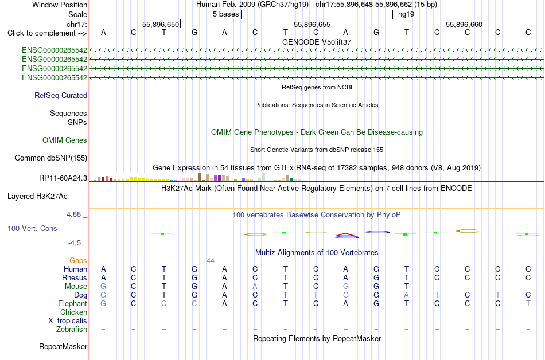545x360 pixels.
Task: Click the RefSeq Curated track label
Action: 61,96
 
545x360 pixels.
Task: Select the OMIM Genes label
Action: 65,140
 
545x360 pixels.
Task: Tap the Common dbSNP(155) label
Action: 51,158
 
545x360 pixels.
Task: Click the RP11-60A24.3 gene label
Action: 63,178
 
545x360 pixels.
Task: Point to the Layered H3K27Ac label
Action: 37,197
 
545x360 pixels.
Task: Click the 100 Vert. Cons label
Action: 32,228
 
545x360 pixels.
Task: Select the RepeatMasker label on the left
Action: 63,346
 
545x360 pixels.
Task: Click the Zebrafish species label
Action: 72,329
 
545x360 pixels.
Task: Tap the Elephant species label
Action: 73,303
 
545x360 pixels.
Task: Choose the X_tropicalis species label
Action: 68,321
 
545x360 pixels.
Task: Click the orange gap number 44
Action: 211,261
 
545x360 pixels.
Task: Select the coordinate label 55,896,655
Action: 312,24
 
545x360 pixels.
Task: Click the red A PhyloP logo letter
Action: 346,236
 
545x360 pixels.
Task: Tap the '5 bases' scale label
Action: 226,14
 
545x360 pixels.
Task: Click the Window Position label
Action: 60,5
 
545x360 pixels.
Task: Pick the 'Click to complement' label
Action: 47,33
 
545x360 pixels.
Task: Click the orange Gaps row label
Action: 78,261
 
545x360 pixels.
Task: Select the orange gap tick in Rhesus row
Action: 211,277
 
